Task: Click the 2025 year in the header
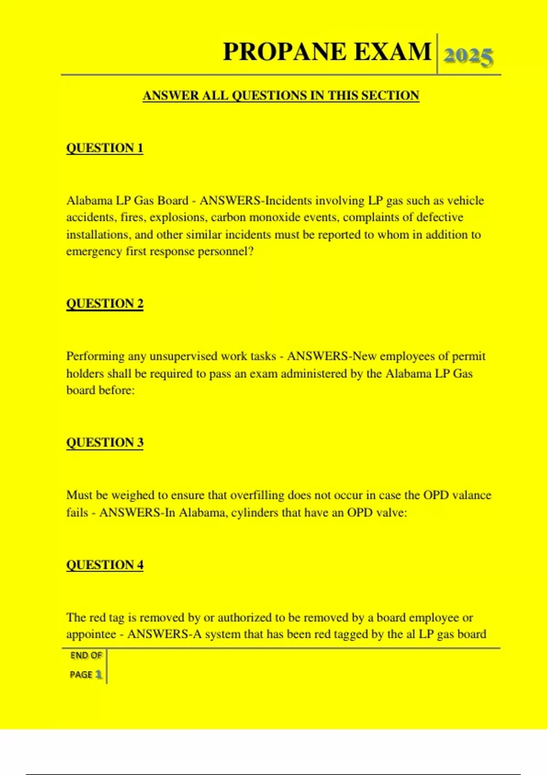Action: click(x=468, y=56)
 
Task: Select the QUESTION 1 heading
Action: click(x=105, y=148)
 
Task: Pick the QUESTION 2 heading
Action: click(x=105, y=304)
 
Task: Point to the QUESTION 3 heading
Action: click(x=105, y=443)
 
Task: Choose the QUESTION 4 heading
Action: click(x=105, y=565)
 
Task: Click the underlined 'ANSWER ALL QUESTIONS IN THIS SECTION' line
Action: click(x=281, y=96)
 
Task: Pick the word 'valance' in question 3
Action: click(x=470, y=495)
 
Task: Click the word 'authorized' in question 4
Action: click(x=245, y=617)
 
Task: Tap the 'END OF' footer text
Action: click(x=86, y=656)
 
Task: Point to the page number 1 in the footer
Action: click(x=98, y=675)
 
